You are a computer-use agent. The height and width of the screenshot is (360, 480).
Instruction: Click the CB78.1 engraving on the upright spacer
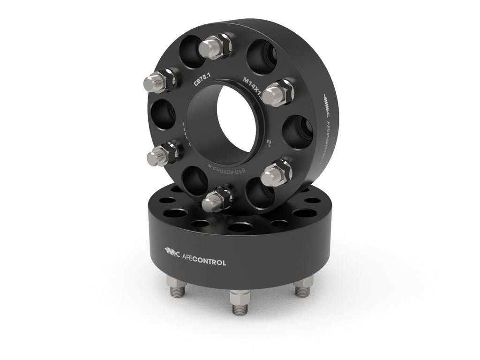tap(202, 81)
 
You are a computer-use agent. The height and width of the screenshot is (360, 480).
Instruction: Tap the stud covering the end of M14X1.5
tap(276, 93)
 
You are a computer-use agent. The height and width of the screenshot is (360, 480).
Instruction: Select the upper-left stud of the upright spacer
tap(160, 82)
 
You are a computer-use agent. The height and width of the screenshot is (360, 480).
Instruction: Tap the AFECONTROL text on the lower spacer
tap(203, 262)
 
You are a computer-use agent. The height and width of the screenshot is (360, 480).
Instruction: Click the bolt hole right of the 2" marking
tap(297, 131)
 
